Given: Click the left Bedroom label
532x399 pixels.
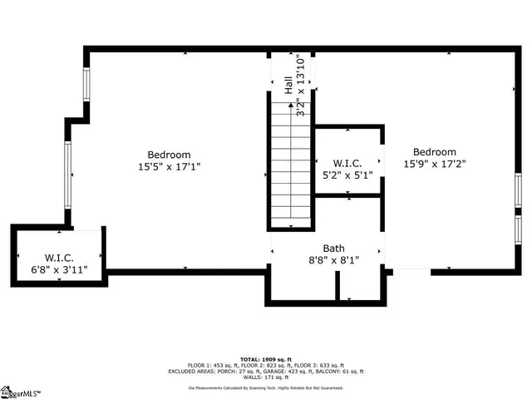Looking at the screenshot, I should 170,155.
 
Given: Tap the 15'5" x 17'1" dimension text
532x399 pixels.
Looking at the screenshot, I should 170,166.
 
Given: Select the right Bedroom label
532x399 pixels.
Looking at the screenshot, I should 435,152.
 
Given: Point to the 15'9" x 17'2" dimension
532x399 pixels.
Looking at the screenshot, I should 435,164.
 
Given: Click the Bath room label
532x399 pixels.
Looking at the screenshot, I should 333,249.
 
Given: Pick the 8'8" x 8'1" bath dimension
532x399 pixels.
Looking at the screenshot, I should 333,260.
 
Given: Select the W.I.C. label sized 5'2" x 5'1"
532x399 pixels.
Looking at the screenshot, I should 346,163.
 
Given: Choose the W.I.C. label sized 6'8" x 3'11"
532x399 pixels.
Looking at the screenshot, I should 60,257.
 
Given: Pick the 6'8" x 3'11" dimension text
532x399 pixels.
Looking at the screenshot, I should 60,268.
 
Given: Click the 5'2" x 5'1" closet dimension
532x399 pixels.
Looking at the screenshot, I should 346,175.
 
